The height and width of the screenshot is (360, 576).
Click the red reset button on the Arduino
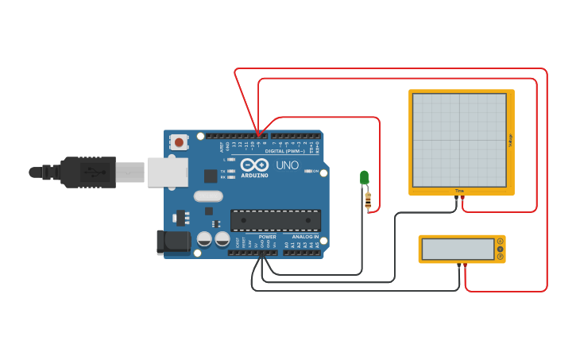[180, 142]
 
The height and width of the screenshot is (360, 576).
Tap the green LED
[364, 177]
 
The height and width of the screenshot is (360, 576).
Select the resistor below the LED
[367, 201]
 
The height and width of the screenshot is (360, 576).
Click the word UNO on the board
[287, 165]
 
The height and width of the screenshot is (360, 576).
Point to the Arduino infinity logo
[255, 165]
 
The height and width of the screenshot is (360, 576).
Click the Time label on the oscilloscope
[459, 191]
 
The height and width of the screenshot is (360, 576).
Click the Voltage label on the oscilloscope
[509, 139]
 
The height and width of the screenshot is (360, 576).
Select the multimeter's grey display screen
[458, 250]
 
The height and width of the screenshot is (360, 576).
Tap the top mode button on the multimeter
[500, 242]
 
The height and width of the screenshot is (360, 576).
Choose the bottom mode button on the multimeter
[500, 257]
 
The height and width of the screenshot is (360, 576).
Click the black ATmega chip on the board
[276, 220]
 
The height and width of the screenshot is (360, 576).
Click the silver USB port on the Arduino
[167, 172]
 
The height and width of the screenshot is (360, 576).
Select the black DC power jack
[173, 242]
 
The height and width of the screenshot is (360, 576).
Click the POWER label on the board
[267, 236]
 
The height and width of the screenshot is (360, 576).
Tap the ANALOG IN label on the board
[305, 236]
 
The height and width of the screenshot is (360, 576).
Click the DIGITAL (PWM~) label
[284, 150]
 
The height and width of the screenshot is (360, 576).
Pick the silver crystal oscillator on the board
[207, 196]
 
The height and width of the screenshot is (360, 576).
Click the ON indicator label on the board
[315, 171]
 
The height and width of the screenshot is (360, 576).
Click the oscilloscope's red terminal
[463, 198]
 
